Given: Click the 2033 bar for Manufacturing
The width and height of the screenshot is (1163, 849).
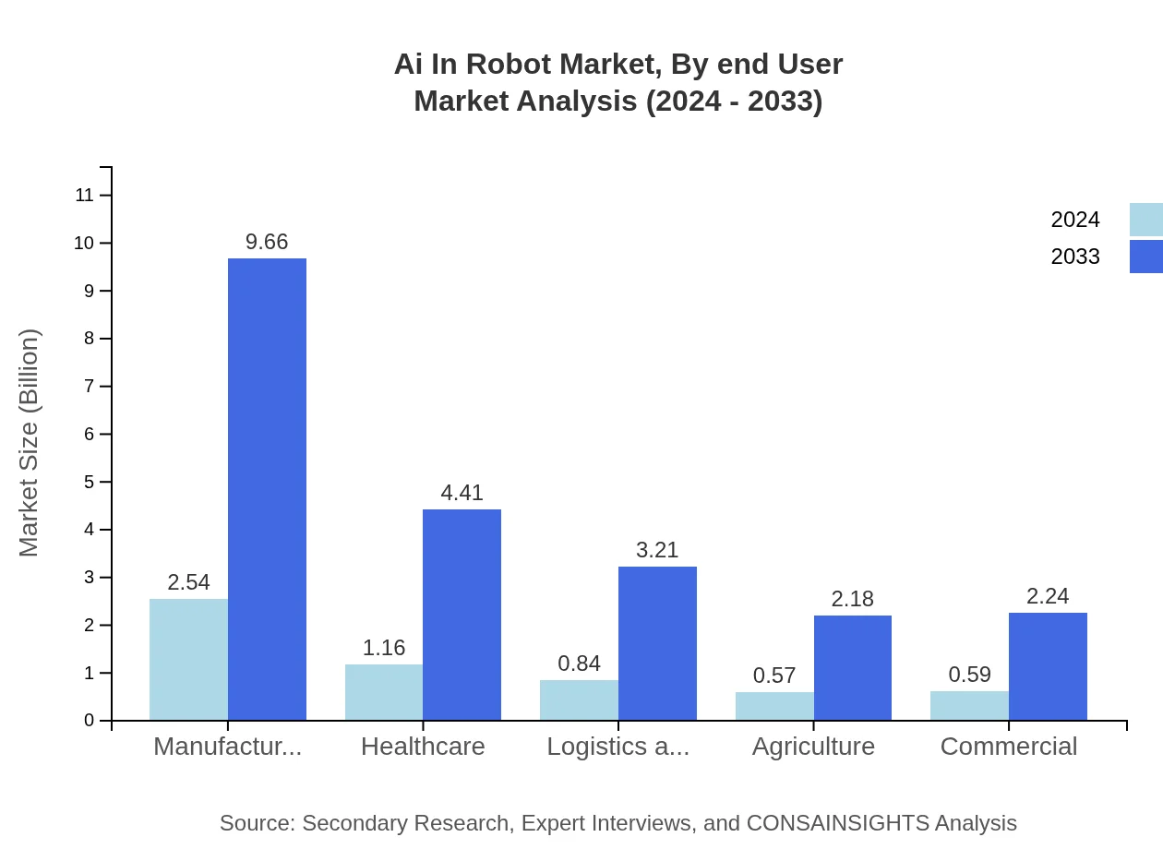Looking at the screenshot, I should point(267,489).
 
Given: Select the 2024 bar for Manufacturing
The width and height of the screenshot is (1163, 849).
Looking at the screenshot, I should point(188,659).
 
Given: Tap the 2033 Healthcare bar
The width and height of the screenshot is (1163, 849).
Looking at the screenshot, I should point(462,615).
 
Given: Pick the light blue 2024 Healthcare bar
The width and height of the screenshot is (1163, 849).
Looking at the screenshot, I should point(384,692).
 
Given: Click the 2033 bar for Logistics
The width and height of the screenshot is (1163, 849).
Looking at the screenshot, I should point(657,643).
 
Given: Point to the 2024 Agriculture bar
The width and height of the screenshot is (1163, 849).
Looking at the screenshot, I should point(774,706).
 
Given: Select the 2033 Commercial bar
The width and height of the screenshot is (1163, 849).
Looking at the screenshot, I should point(1048,666).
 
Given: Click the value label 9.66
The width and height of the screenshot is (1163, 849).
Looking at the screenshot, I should point(267,243).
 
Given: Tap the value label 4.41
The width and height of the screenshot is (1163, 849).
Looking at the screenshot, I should point(462,493).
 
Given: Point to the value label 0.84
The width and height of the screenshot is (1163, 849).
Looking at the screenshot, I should point(579,664).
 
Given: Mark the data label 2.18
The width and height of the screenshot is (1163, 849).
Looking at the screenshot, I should point(852,599).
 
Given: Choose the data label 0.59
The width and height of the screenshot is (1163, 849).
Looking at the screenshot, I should point(969,675).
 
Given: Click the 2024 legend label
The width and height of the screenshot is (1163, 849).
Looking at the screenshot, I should point(1075,220).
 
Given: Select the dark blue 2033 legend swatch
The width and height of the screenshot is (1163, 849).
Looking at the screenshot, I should point(1145,257).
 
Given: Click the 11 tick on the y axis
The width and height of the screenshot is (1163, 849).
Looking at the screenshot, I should point(85,195).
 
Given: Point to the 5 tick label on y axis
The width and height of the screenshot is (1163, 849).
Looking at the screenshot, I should point(90,482).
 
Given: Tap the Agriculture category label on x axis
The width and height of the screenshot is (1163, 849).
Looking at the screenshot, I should point(813,746).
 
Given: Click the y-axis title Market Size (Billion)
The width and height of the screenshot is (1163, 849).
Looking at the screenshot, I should point(30,443).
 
